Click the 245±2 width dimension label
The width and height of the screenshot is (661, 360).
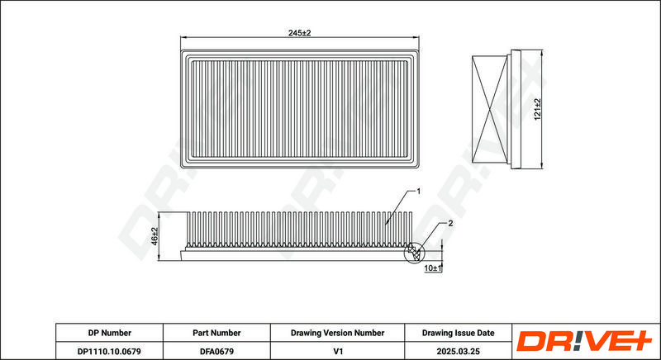pos(299,33)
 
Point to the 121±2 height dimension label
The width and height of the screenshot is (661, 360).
pos(537,109)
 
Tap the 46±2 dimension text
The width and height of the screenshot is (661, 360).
pos(154,236)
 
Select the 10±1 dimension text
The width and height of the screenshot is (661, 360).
pos(432,268)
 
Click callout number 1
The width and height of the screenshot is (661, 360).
pos(418,192)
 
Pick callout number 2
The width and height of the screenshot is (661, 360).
pos(450,223)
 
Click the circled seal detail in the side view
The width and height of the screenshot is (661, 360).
pos(415,253)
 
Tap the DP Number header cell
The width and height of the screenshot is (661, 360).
pos(110,333)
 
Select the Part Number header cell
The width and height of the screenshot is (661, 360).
pos(216,333)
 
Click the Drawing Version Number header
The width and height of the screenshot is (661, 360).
pos(337,333)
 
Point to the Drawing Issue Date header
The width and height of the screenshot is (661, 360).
pos(459,333)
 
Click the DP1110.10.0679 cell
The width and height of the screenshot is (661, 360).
pos(110,351)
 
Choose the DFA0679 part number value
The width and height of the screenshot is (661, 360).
pos(216,351)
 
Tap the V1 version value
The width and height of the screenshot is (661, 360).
pos(337,351)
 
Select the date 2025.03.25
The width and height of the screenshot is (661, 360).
pos(459,351)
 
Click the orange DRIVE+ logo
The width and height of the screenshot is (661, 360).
pos(585,341)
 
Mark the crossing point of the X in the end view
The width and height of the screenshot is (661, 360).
pos(490,109)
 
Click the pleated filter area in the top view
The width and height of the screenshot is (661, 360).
pos(300,109)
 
